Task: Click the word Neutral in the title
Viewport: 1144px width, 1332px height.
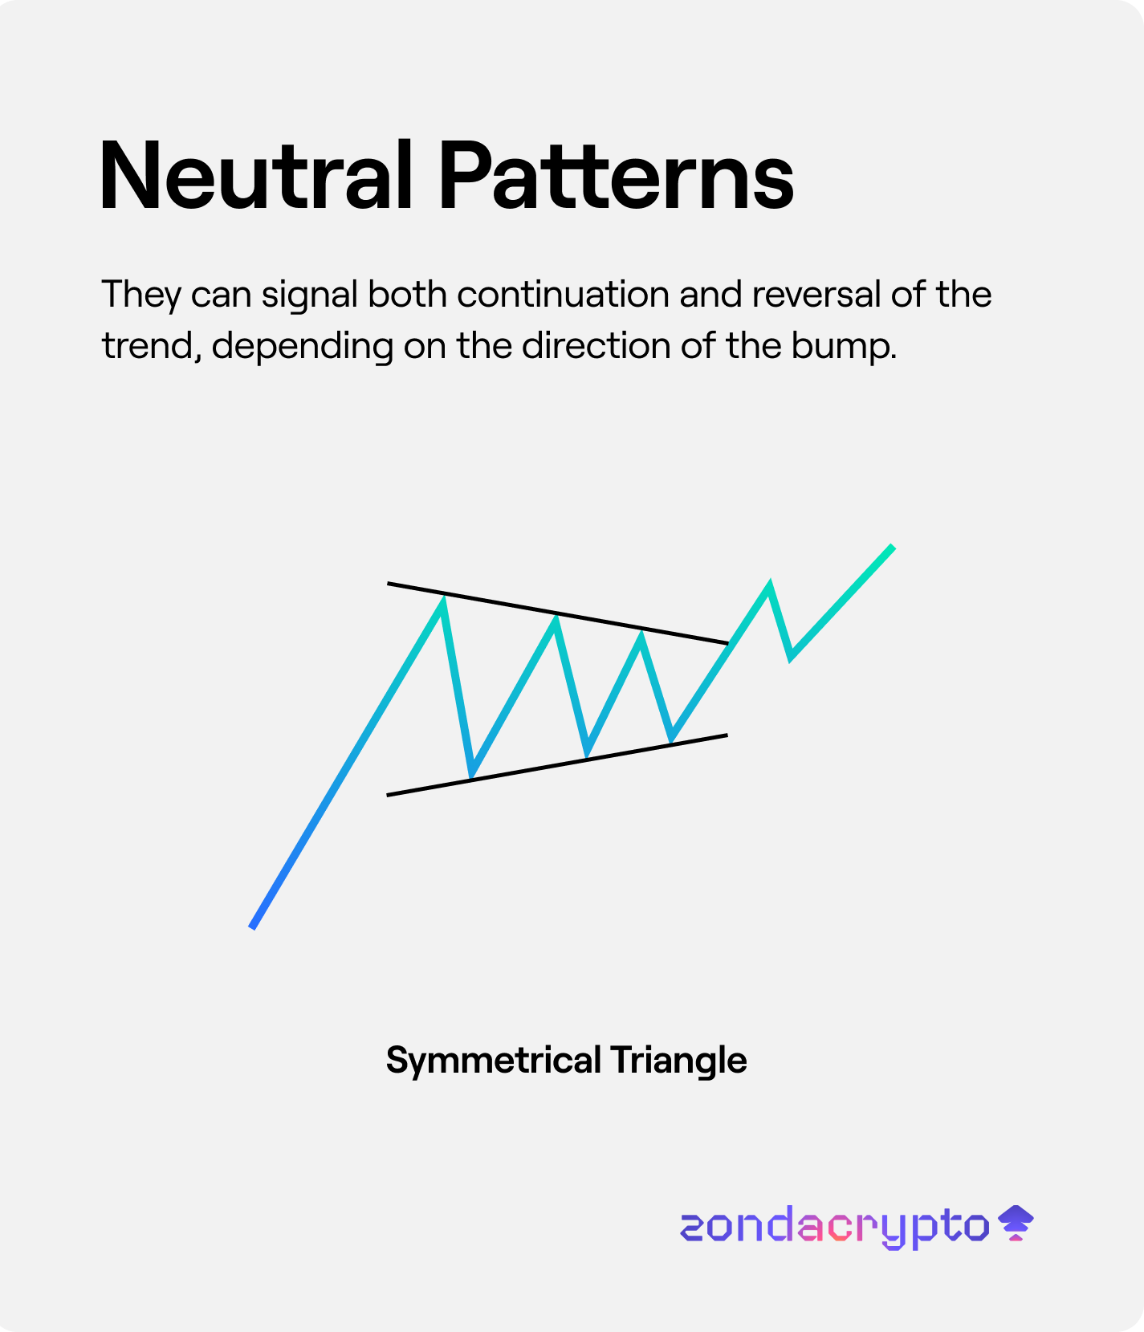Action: tap(255, 176)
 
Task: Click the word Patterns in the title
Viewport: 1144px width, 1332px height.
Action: tap(617, 176)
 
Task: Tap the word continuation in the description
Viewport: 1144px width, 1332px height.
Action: tap(563, 295)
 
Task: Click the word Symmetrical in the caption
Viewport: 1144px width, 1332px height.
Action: tap(494, 1061)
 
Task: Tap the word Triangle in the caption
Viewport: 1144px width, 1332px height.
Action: tap(678, 1061)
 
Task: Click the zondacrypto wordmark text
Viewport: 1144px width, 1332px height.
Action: tap(835, 1227)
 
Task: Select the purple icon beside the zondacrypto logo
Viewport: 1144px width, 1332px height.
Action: tap(1016, 1223)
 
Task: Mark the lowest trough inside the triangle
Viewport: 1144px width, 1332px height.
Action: tap(472, 776)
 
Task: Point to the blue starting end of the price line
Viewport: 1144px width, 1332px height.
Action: tap(252, 927)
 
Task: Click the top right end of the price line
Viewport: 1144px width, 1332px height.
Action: tap(893, 547)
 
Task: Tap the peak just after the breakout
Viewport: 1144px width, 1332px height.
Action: tap(769, 583)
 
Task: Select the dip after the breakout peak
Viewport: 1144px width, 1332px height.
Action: tap(792, 658)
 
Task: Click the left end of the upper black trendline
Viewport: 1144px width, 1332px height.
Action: tap(388, 583)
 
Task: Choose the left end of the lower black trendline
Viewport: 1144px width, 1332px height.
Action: tap(387, 795)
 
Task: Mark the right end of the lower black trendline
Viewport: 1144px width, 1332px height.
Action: tap(727, 735)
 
